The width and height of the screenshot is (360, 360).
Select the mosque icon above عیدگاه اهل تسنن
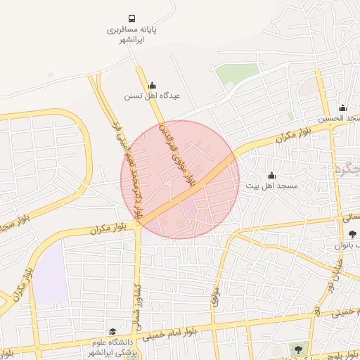[153, 85]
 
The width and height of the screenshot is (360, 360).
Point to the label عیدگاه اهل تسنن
[152, 96]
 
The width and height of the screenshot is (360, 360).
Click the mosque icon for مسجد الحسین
[342, 108]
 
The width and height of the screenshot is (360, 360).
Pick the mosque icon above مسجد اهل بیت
[271, 175]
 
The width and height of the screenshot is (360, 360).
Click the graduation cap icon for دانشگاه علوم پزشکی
[112, 331]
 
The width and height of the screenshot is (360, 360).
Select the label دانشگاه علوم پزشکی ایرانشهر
[112, 347]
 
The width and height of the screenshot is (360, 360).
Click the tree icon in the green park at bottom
[300, 349]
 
